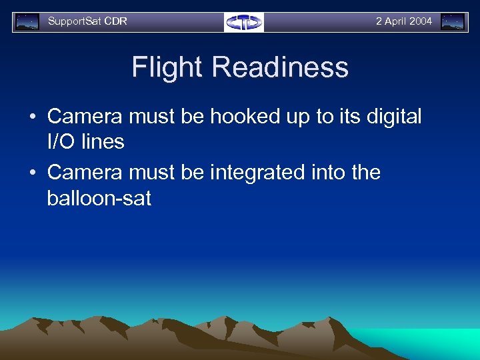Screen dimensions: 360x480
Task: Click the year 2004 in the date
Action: click(x=420, y=21)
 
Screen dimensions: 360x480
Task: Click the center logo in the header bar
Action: click(x=244, y=22)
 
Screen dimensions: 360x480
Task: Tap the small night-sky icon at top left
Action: click(x=27, y=22)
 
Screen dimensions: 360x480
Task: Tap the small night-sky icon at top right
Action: click(x=453, y=22)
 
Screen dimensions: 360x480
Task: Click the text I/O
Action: click(x=60, y=141)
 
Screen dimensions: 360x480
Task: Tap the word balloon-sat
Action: click(x=99, y=198)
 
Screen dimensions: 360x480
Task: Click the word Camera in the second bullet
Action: click(x=85, y=173)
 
